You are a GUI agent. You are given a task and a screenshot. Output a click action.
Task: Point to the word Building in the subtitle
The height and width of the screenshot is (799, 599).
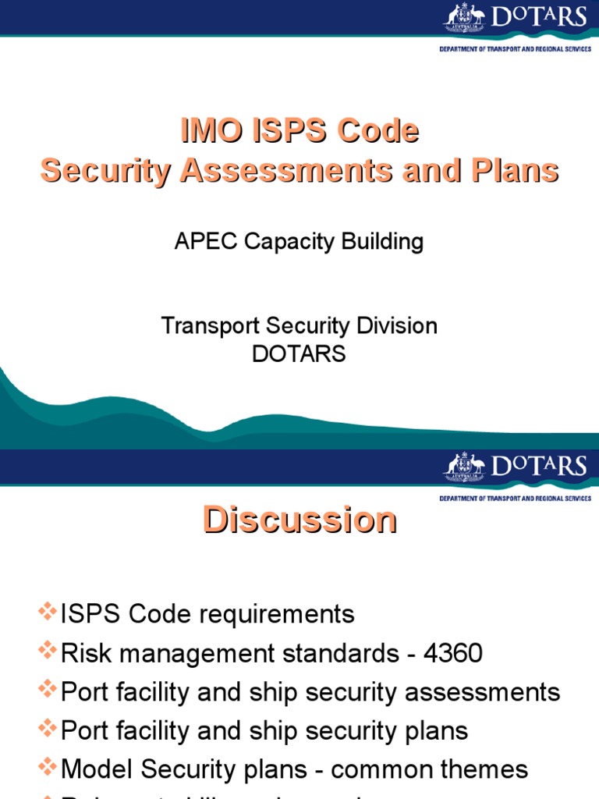click(x=381, y=241)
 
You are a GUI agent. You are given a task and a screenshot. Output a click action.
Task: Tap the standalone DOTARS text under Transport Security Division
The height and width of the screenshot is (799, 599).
click(x=299, y=353)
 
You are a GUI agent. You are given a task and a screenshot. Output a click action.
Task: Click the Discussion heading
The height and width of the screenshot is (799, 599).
click(x=299, y=520)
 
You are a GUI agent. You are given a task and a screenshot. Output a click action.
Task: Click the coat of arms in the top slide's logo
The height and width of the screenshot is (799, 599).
click(x=464, y=17)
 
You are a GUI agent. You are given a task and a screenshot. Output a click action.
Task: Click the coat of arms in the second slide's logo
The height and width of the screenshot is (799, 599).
click(x=464, y=466)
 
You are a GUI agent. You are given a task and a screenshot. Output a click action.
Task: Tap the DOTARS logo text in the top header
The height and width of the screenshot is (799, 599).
click(x=537, y=17)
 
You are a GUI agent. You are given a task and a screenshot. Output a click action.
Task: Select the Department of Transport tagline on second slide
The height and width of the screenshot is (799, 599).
click(x=515, y=498)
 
